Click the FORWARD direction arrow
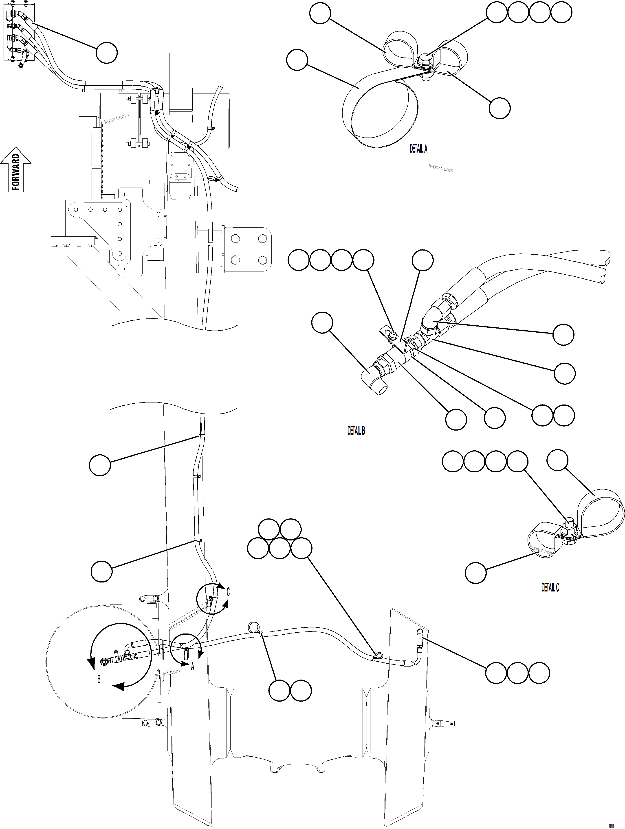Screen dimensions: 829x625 [16, 170]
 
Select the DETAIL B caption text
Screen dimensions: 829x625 [356, 431]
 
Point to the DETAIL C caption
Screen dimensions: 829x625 [550, 588]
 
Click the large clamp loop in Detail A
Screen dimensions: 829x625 [380, 112]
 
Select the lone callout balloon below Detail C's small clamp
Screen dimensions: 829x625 [475, 572]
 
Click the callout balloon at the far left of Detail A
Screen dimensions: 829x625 [297, 60]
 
